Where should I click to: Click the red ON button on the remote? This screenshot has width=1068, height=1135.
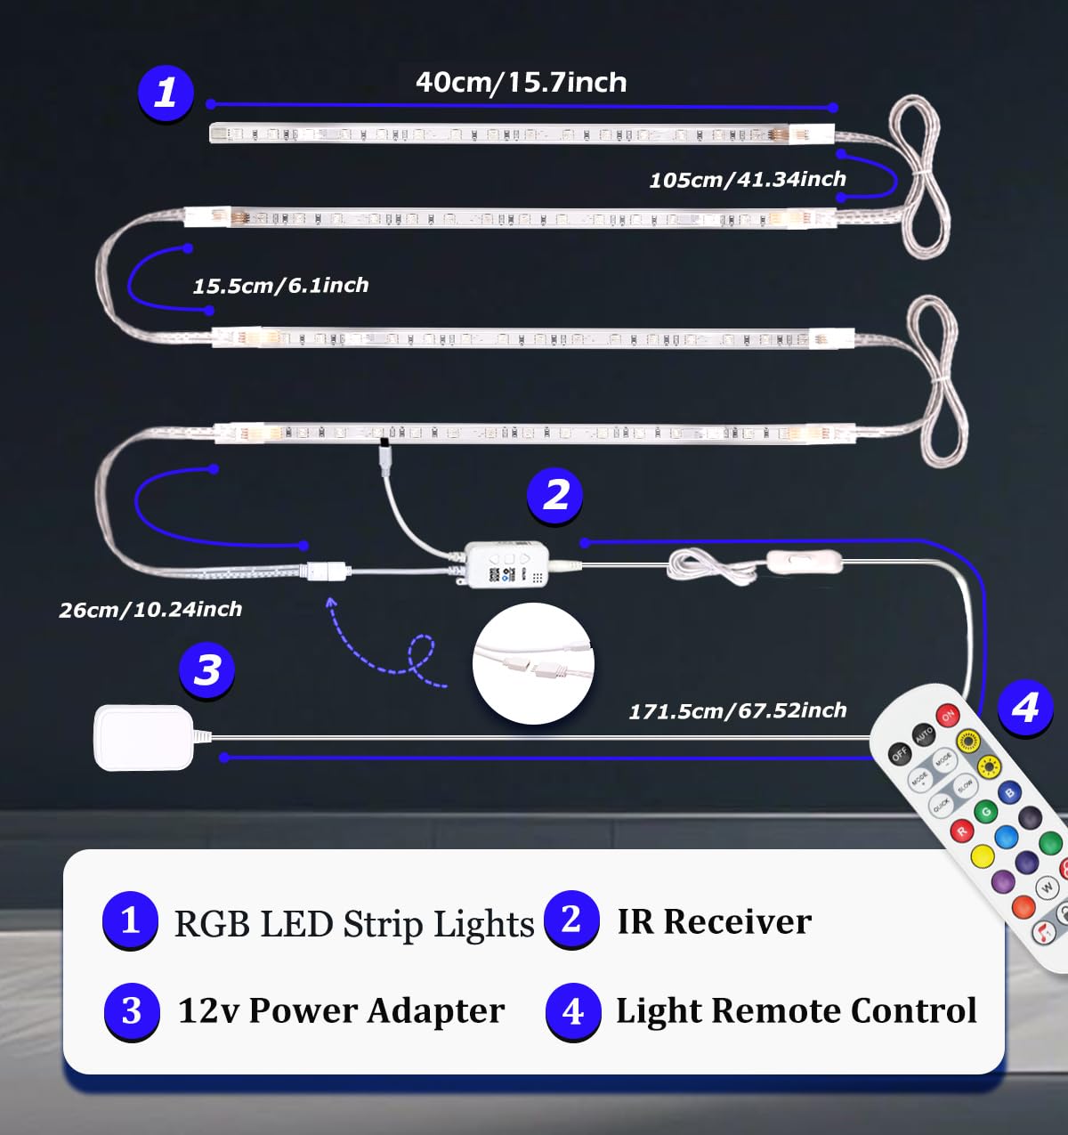(947, 715)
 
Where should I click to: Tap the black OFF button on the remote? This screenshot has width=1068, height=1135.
(900, 754)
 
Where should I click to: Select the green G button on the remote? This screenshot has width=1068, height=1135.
(985, 811)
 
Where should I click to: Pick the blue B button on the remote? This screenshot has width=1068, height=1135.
(1009, 791)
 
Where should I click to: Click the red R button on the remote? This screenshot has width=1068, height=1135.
(961, 831)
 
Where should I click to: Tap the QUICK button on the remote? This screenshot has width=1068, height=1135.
(941, 805)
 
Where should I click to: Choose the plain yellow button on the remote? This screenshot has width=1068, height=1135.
(982, 856)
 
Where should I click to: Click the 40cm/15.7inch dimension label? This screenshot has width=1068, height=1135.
(521, 83)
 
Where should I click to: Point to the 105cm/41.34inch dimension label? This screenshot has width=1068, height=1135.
(747, 180)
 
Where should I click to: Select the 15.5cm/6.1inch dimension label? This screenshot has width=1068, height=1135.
(280, 286)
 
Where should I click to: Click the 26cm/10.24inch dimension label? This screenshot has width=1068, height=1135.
(150, 610)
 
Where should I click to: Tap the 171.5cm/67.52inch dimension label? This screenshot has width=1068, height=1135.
(738, 711)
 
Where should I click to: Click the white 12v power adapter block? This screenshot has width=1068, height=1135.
(143, 737)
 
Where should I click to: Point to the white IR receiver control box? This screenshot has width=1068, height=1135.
(506, 563)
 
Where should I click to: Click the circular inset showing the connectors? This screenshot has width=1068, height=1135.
(533, 663)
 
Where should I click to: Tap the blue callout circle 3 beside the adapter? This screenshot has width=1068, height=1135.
(206, 670)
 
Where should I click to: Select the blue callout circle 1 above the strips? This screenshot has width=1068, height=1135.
(166, 93)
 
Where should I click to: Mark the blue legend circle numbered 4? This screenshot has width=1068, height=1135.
(573, 1011)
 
